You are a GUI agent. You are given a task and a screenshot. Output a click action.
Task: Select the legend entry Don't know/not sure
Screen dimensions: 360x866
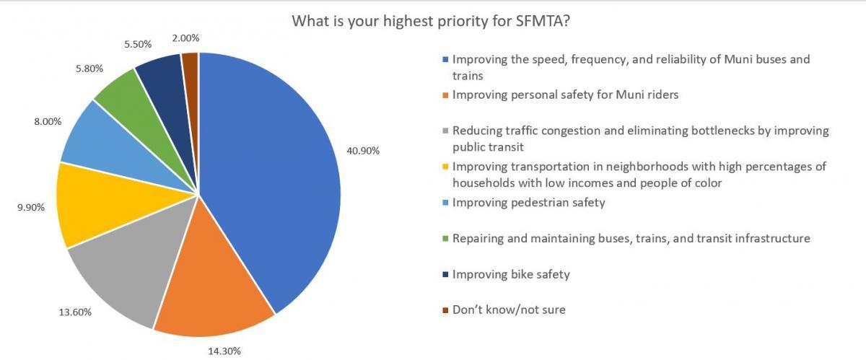pos(509,310)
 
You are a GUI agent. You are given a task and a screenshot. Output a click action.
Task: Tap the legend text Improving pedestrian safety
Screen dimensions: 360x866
pos(528,203)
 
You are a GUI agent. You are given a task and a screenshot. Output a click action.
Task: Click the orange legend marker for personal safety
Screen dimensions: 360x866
pos(447,95)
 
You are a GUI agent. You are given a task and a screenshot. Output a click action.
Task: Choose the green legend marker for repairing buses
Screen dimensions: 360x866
pos(447,239)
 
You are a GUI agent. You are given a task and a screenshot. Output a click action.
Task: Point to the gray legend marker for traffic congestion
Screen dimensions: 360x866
pos(447,131)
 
